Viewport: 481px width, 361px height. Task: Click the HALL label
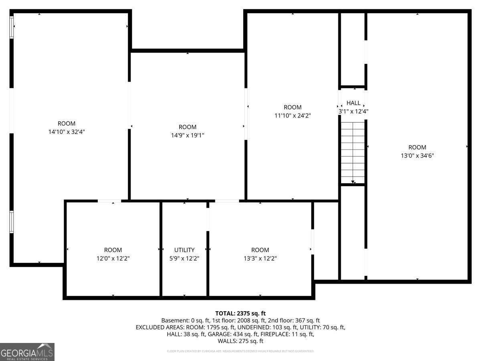(353, 103)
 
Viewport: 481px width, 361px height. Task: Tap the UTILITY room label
(184, 250)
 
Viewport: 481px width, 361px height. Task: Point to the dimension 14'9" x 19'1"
(188, 135)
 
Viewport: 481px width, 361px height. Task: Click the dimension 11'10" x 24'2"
(293, 115)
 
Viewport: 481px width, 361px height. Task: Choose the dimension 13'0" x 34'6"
(417, 155)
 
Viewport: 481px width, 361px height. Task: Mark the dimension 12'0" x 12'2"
(113, 258)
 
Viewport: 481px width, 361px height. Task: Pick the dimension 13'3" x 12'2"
(260, 258)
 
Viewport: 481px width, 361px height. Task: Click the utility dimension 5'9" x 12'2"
(184, 258)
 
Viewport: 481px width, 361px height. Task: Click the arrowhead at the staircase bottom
(353, 182)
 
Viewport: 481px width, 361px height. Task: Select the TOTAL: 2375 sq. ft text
(240, 313)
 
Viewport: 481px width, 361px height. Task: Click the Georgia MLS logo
(27, 352)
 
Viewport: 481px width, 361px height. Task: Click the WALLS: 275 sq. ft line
(240, 341)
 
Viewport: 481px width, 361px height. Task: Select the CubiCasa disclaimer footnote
(240, 351)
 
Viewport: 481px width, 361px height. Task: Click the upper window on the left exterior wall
(12, 26)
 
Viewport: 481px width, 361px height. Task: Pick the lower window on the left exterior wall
(12, 222)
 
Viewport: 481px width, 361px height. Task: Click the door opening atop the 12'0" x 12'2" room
(109, 201)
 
